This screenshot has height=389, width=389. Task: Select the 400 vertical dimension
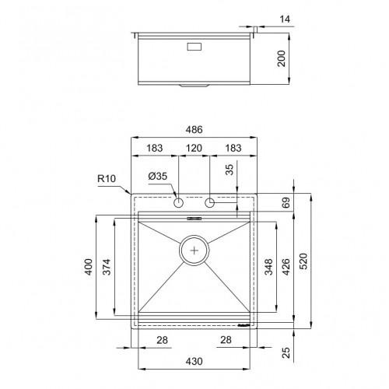tap(88, 268)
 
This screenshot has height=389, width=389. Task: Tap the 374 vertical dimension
tap(107, 268)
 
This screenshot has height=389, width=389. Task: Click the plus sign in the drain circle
tap(194, 251)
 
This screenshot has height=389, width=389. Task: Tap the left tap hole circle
tap(179, 203)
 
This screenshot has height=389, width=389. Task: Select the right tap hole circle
tap(209, 203)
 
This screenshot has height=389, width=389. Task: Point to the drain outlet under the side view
tap(194, 85)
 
